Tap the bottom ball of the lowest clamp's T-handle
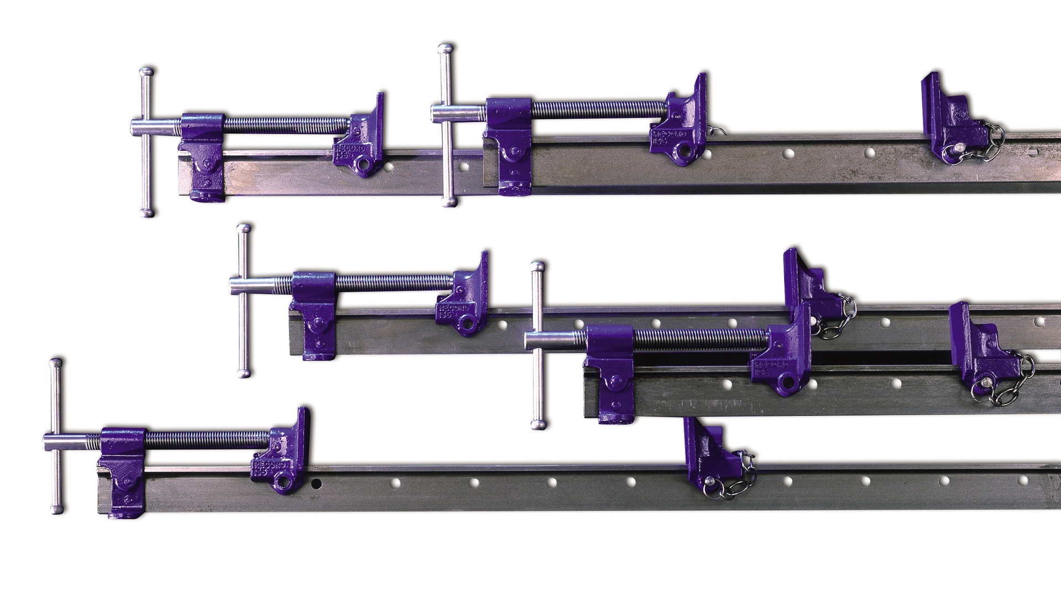[56, 509]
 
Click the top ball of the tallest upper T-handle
[446, 48]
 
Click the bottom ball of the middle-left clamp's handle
[243, 373]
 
